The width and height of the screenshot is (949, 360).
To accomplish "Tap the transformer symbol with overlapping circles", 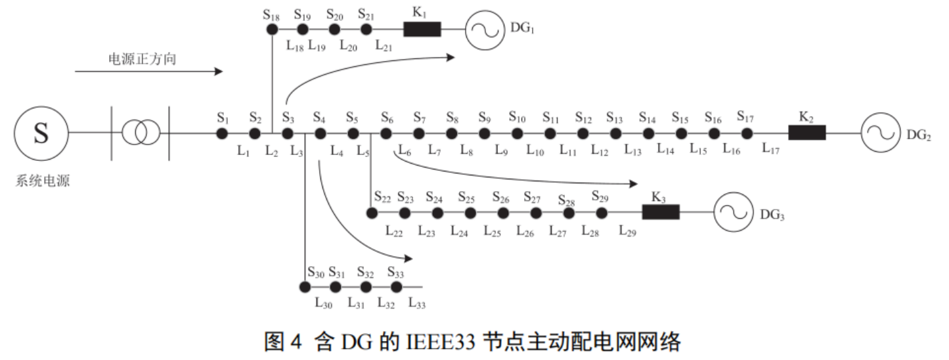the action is pyautogui.click(x=141, y=133).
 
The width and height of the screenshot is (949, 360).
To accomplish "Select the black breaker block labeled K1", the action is pyautogui.click(x=422, y=30).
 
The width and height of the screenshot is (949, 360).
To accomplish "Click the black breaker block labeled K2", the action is pyautogui.click(x=807, y=133).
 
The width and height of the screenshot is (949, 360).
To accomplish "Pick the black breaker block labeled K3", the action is pyautogui.click(x=661, y=212).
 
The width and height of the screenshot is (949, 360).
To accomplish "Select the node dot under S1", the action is pyautogui.click(x=222, y=133).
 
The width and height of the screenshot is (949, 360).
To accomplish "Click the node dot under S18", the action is pyautogui.click(x=272, y=30).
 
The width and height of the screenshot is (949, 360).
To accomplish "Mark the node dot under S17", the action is pyautogui.click(x=747, y=133).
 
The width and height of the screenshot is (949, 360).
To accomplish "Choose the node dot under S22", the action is pyautogui.click(x=372, y=213).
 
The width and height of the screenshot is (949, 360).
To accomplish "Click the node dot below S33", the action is pyautogui.click(x=396, y=287).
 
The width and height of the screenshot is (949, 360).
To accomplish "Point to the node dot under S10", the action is pyautogui.click(x=517, y=133).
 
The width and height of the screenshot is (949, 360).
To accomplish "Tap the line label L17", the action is pyautogui.click(x=770, y=148).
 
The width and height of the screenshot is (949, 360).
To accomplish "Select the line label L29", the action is pyautogui.click(x=627, y=231).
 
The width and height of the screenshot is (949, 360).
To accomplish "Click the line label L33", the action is pyautogui.click(x=417, y=304).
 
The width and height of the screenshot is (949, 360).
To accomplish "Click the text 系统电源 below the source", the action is pyautogui.click(x=43, y=181).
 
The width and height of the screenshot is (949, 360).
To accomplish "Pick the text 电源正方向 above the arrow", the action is pyautogui.click(x=143, y=59).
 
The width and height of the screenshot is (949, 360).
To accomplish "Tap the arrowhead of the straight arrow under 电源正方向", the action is pyautogui.click(x=221, y=71).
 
